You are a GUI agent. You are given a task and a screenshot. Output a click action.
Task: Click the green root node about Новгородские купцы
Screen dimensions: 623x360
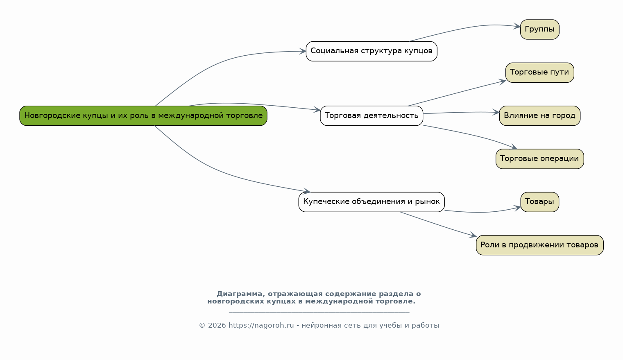click(x=143, y=115)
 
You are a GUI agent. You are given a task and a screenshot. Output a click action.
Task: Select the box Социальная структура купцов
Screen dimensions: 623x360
click(x=372, y=51)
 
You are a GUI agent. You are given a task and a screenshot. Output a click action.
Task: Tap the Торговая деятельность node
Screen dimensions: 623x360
click(x=372, y=115)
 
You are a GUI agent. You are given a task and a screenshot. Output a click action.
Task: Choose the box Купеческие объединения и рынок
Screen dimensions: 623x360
click(x=372, y=202)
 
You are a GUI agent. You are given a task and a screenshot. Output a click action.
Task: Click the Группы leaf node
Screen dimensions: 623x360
click(x=539, y=29)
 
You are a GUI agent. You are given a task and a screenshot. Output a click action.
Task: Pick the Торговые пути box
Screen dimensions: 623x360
click(x=539, y=72)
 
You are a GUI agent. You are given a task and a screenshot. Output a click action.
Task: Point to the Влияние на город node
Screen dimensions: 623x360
click(x=539, y=115)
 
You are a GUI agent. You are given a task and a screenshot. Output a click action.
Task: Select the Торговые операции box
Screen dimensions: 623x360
click(x=539, y=159)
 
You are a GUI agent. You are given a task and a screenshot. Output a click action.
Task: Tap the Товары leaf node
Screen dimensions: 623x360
click(x=539, y=202)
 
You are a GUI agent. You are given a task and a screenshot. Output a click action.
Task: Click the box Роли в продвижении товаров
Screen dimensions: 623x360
click(x=539, y=245)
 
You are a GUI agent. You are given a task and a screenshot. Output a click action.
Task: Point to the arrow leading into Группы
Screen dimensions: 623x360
click(x=467, y=27)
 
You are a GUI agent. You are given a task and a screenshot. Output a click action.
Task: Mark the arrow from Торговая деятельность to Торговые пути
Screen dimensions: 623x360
click(x=458, y=93)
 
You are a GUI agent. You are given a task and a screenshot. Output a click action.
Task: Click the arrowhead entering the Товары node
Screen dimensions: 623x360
click(x=518, y=208)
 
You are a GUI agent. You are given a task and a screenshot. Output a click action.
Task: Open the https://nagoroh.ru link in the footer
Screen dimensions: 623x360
click(x=261, y=326)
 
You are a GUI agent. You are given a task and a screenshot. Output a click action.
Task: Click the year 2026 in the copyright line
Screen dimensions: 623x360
click(x=217, y=326)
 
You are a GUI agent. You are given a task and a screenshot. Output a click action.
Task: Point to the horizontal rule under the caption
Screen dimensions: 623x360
click(x=319, y=313)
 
